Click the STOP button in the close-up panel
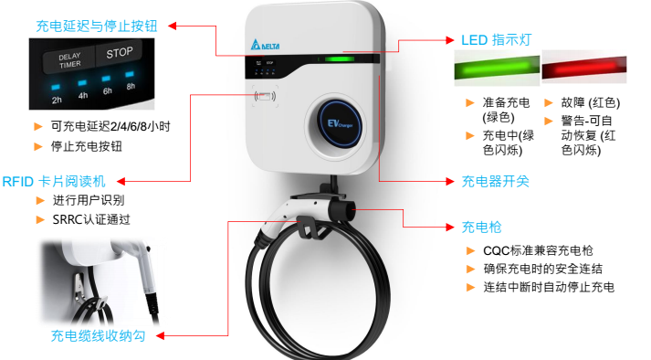(x=120, y=53)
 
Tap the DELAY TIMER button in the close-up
(x=69, y=60)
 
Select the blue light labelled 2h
(x=56, y=88)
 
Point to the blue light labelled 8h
(x=130, y=74)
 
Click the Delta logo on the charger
(x=265, y=45)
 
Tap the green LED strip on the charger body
(x=340, y=59)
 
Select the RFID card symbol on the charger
(x=265, y=97)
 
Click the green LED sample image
(x=497, y=68)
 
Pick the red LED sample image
(x=584, y=68)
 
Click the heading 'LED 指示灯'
(x=496, y=40)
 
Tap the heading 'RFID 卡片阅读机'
(x=54, y=182)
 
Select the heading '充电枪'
(x=481, y=227)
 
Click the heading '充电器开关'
(x=495, y=181)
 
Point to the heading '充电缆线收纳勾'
(x=98, y=335)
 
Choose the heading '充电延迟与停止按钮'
(x=97, y=26)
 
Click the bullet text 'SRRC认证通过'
(x=91, y=219)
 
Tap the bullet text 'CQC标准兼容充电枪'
(x=538, y=250)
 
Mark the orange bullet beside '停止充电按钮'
(x=38, y=146)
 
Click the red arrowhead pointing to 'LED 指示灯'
(x=450, y=40)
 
